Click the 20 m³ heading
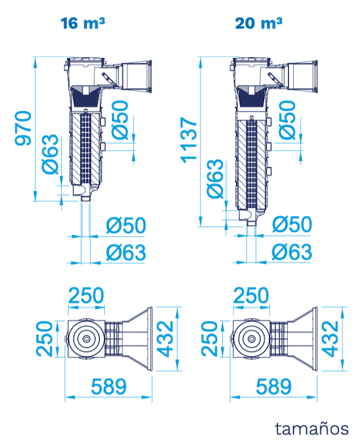[259, 23]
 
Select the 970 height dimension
[22, 128]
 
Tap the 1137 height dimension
[189, 140]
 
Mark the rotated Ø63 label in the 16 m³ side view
[50, 154]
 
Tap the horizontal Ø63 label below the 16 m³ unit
[125, 252]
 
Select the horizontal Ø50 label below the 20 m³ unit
[291, 225]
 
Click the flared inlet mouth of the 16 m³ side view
[137, 76]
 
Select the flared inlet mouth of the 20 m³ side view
[303, 76]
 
